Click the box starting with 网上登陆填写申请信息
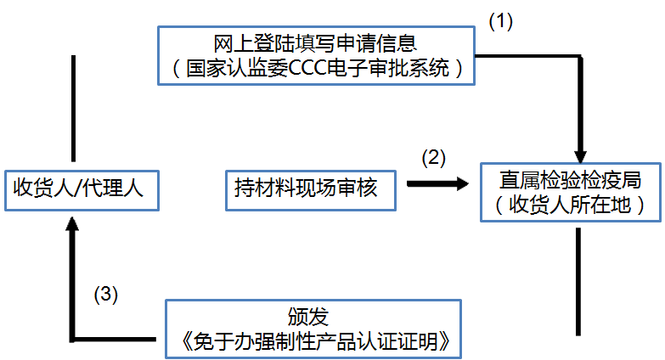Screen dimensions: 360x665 [x=315, y=54]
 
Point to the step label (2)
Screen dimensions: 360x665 [x=434, y=157]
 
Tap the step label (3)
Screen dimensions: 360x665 [x=105, y=294]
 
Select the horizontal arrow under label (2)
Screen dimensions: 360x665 [x=437, y=183]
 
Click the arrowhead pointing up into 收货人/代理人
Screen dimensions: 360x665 [x=73, y=225]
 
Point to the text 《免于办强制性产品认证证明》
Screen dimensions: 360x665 [x=313, y=341]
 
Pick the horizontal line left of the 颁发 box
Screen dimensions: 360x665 [x=116, y=339]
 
